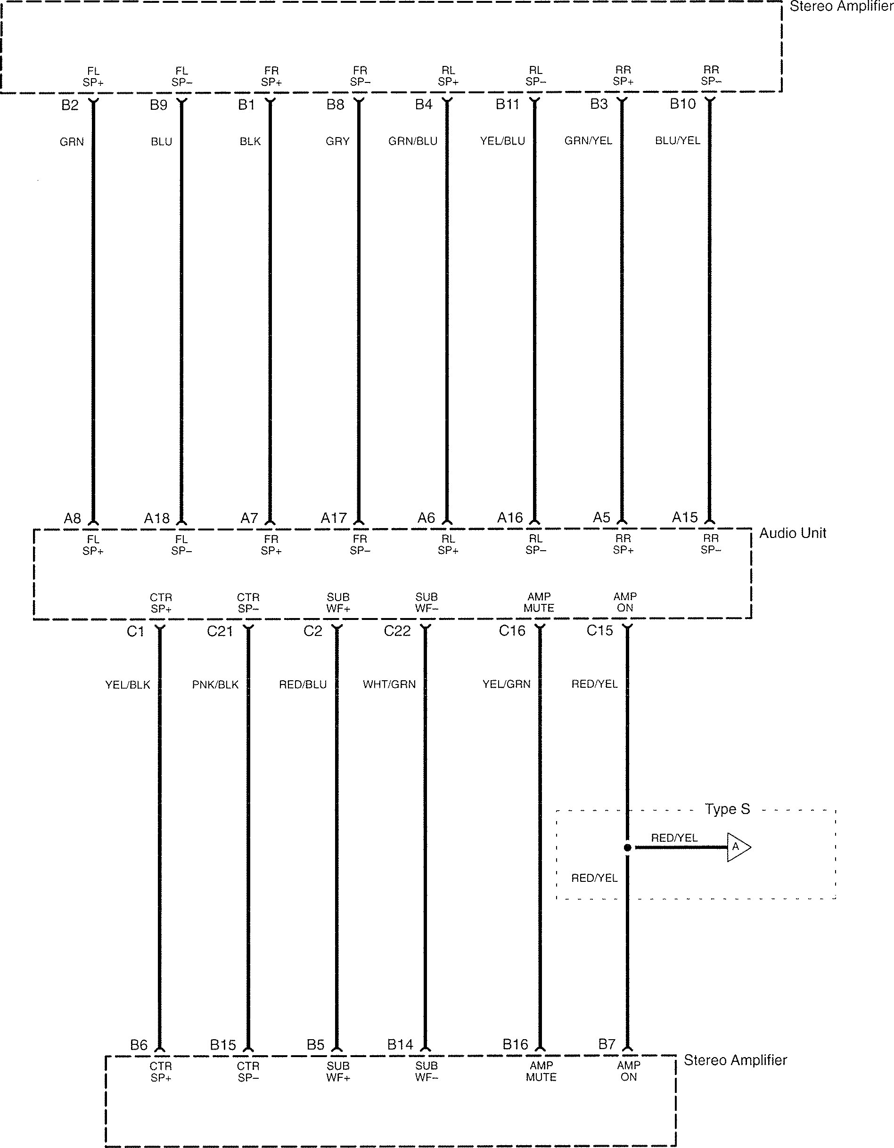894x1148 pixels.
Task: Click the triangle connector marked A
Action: click(x=737, y=847)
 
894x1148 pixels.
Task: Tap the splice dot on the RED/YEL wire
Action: click(x=627, y=848)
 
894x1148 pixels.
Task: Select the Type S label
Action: click(x=727, y=809)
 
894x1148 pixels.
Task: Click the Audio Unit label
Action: click(x=793, y=533)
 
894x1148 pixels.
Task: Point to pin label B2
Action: click(x=69, y=105)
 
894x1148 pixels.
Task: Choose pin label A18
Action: click(x=157, y=519)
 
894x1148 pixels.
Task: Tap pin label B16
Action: click(x=515, y=1044)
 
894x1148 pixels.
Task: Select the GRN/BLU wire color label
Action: click(x=413, y=141)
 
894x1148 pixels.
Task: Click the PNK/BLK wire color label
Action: click(x=215, y=684)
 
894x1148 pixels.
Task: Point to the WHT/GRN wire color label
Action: click(x=389, y=684)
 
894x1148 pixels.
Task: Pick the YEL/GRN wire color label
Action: click(x=507, y=684)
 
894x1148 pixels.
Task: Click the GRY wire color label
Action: click(x=337, y=141)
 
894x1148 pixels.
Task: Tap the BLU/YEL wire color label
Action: click(x=677, y=140)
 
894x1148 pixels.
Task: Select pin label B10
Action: click(x=682, y=104)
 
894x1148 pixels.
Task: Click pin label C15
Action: click(x=599, y=630)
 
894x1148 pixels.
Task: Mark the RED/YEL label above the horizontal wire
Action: click(x=674, y=838)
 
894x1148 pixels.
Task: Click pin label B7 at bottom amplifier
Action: click(x=607, y=1044)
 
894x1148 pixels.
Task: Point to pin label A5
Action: click(x=602, y=518)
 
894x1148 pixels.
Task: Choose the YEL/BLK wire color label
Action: click(x=128, y=684)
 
